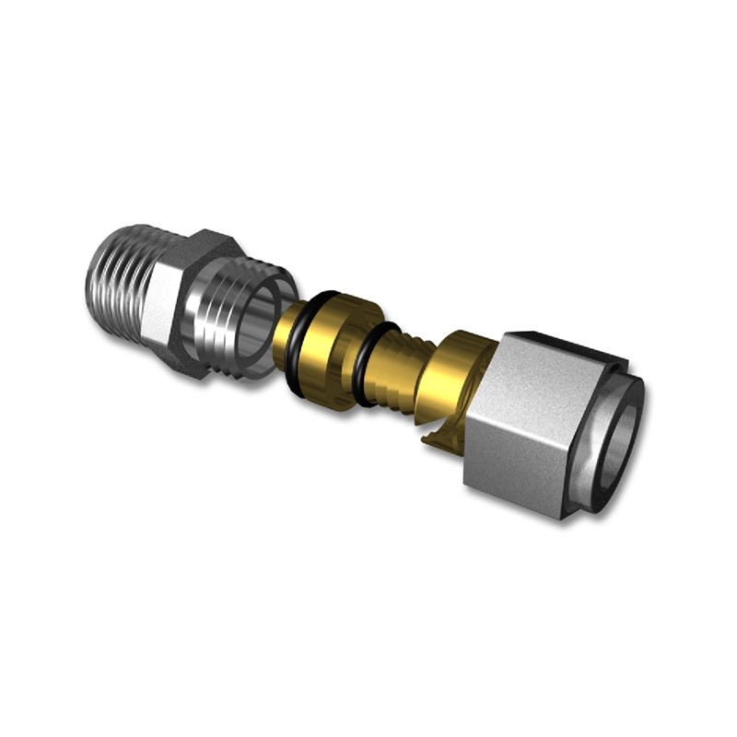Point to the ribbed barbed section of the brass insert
coord(396,364)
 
